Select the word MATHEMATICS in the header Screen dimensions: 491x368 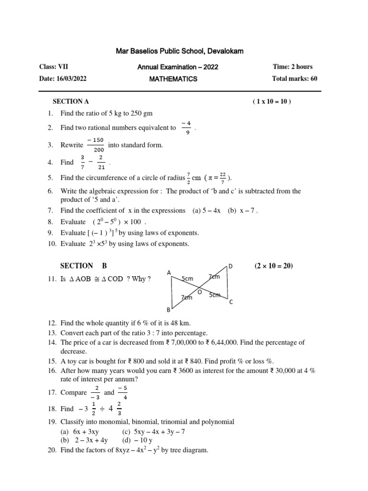coord(173,79)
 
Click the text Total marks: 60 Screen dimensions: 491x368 coord(295,79)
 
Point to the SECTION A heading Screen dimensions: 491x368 coord(70,102)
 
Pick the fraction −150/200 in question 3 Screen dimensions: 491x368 coord(96,145)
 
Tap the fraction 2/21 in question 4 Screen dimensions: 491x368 coord(101,162)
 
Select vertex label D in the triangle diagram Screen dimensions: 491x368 coord(230,266)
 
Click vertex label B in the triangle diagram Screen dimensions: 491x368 coord(168,310)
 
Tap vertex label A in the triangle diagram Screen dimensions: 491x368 coord(169,273)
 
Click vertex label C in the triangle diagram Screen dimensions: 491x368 coord(231,302)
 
